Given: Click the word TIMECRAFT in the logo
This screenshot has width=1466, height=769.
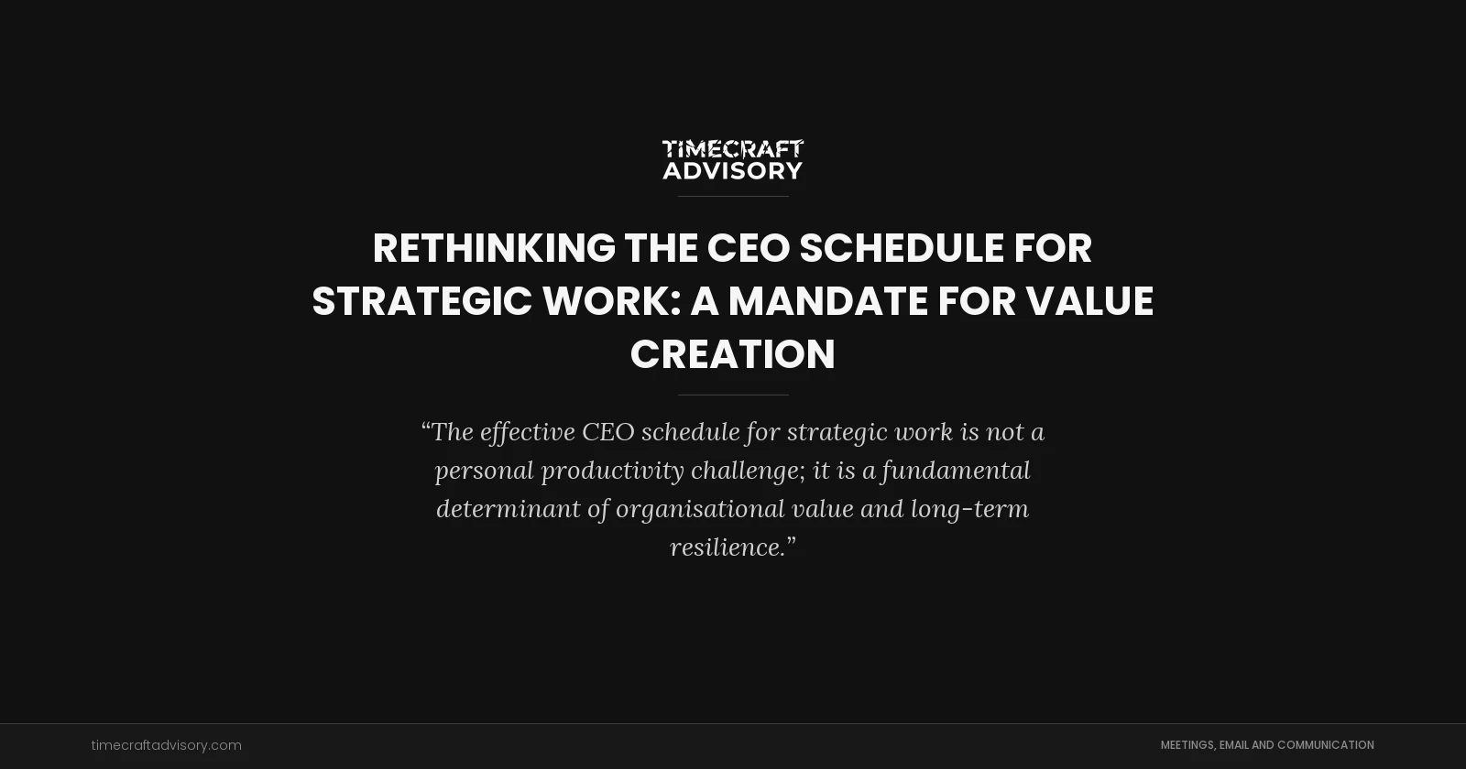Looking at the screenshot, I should pyautogui.click(x=732, y=148).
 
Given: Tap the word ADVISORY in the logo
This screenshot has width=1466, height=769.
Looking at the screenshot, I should pyautogui.click(x=732, y=170).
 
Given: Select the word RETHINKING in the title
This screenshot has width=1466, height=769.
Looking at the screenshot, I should pyautogui.click(x=494, y=248).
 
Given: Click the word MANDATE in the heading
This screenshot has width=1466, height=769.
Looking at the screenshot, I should pyautogui.click(x=827, y=301).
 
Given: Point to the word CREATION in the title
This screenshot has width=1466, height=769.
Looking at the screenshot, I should pyautogui.click(x=732, y=354).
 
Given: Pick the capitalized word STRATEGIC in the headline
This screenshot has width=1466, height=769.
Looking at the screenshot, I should pyautogui.click(x=421, y=301).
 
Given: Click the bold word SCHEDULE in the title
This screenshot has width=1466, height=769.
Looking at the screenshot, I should pyautogui.click(x=902, y=248).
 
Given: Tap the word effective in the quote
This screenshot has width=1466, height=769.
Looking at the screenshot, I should pyautogui.click(x=527, y=431).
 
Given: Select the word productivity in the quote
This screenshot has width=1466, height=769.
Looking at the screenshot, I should pyautogui.click(x=612, y=470).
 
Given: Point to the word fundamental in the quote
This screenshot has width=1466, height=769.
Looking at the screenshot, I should pyautogui.click(x=956, y=470).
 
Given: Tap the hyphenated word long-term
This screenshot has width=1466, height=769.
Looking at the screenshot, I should pyautogui.click(x=969, y=508).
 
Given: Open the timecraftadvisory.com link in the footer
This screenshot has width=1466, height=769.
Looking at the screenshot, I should pyautogui.click(x=166, y=745).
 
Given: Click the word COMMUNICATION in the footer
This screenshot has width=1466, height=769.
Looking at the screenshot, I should pyautogui.click(x=1325, y=745).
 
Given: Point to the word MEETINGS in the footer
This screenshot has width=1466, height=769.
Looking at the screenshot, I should pyautogui.click(x=1187, y=745).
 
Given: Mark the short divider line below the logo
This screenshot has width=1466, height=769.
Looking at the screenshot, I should pyautogui.click(x=732, y=196).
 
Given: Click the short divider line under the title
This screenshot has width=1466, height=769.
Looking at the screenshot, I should pyautogui.click(x=732, y=395).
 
